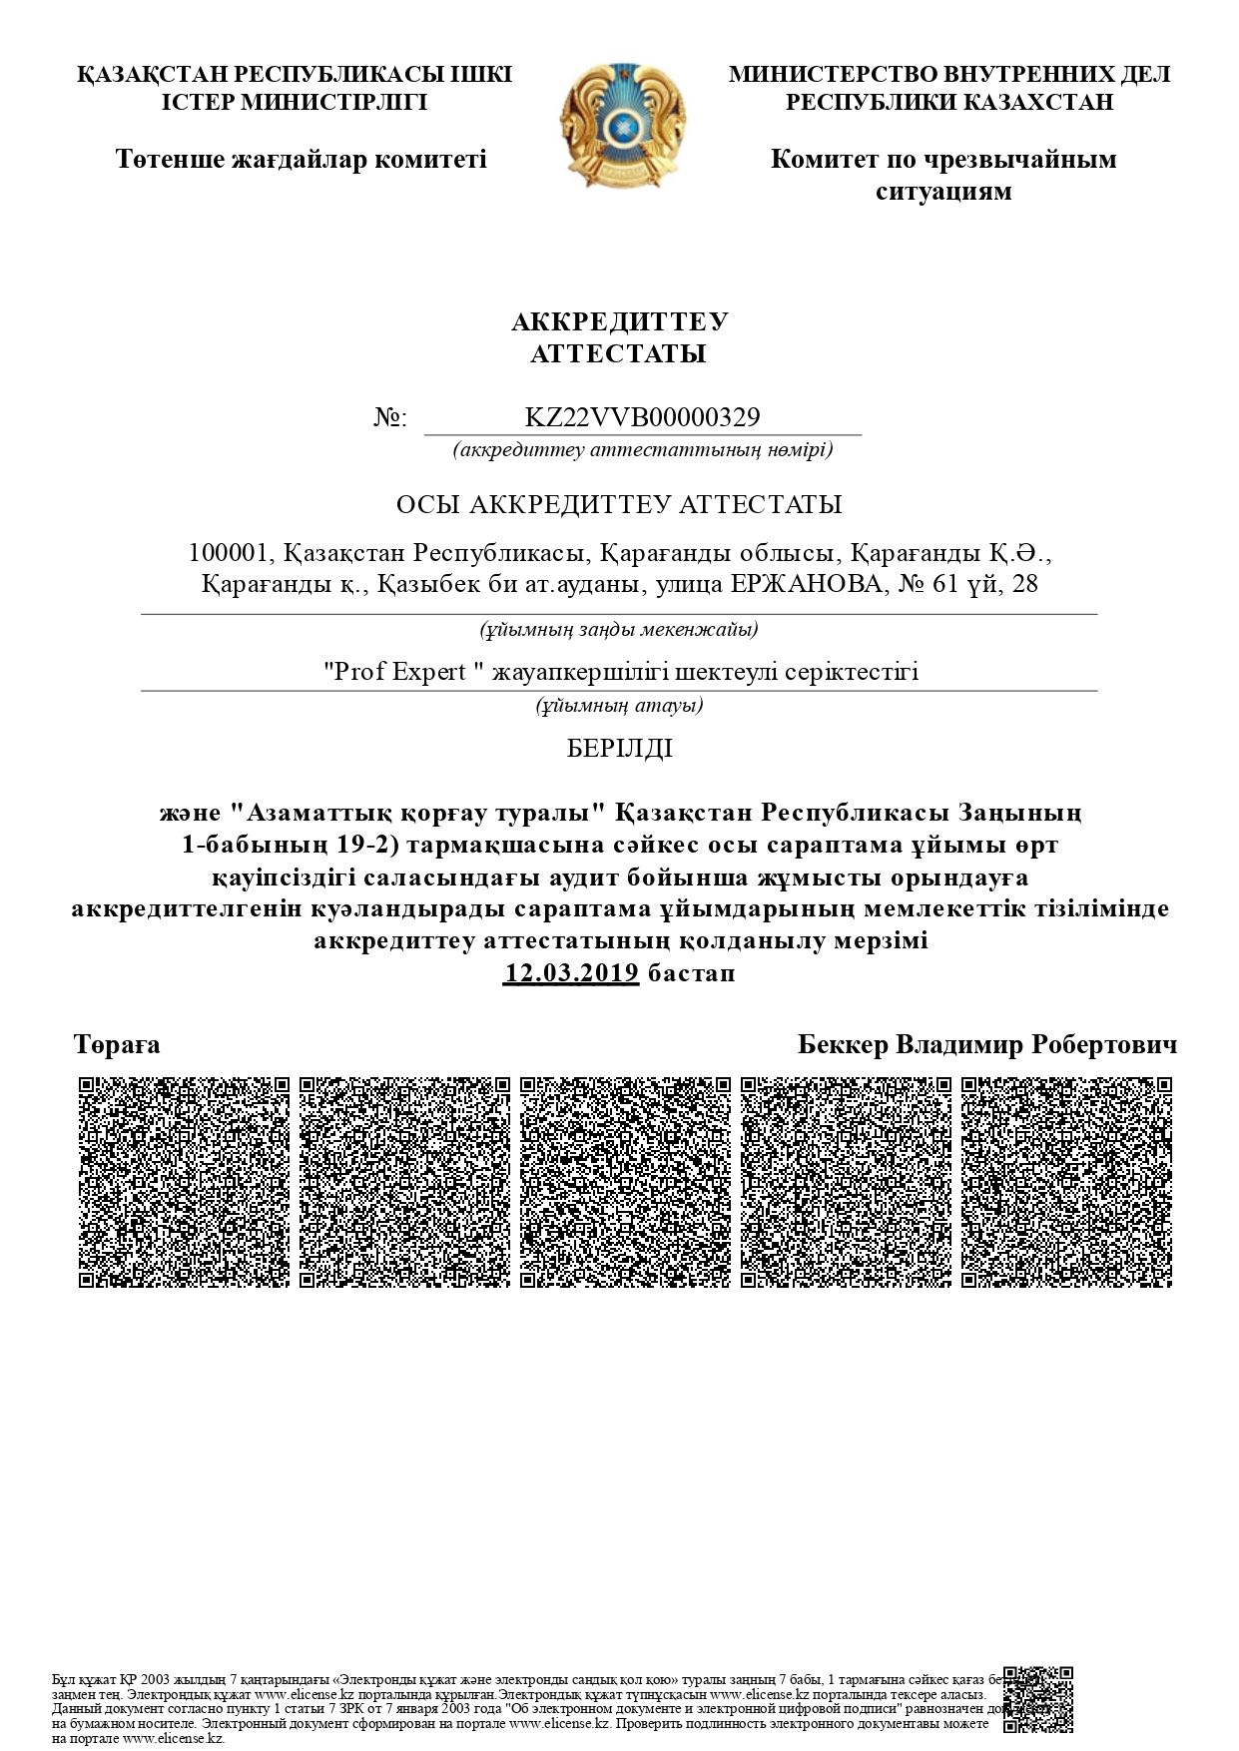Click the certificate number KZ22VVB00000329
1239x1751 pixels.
(x=642, y=417)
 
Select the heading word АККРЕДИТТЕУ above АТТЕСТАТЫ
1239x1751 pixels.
(x=619, y=322)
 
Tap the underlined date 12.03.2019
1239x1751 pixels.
(x=571, y=973)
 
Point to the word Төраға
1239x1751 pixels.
(x=117, y=1045)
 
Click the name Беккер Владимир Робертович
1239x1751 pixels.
(x=986, y=1045)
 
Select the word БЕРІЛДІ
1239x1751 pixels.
(x=619, y=749)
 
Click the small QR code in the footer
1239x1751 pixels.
(x=1038, y=1699)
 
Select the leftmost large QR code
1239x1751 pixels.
(x=184, y=1182)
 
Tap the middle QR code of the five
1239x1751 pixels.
(x=625, y=1182)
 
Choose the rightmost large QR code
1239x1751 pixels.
(x=1066, y=1182)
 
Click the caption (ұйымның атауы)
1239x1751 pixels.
(x=619, y=706)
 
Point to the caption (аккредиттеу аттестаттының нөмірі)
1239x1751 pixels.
(x=642, y=449)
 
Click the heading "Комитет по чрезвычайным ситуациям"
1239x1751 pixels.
(x=943, y=175)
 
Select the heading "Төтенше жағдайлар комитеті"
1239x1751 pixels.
(x=301, y=159)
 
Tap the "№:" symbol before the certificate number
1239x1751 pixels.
(x=390, y=418)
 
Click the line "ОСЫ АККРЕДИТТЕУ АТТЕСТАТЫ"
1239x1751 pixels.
(x=619, y=504)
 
